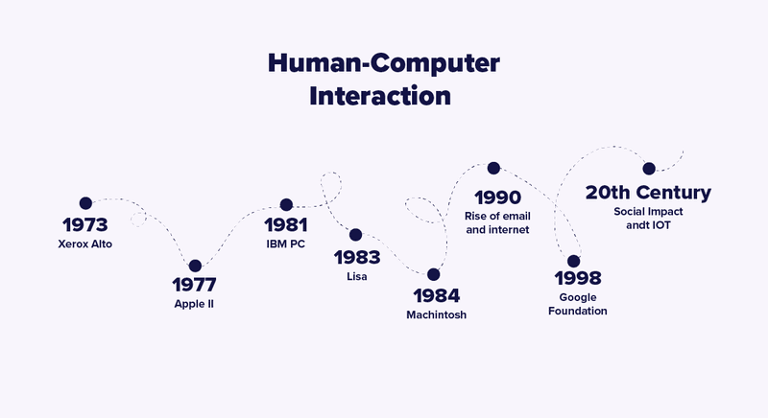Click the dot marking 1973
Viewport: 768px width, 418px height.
pyautogui.click(x=85, y=203)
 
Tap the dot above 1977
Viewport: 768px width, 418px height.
pyautogui.click(x=195, y=266)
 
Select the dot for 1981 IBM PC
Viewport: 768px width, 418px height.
pyautogui.click(x=286, y=204)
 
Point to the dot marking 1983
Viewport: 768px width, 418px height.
pyautogui.click(x=355, y=235)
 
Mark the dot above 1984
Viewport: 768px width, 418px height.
pyautogui.click(x=434, y=274)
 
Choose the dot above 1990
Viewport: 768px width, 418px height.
pyautogui.click(x=493, y=168)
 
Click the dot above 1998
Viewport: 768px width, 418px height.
pyautogui.click(x=573, y=261)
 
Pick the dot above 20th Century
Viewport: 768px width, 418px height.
pyautogui.click(x=648, y=168)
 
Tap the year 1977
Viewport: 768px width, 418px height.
pyautogui.click(x=194, y=286)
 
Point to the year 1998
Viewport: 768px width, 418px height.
pyautogui.click(x=578, y=279)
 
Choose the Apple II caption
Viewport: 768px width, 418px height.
pyautogui.click(x=194, y=305)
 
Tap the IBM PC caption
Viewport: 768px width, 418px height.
pyautogui.click(x=286, y=244)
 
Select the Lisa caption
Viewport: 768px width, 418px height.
pyautogui.click(x=357, y=276)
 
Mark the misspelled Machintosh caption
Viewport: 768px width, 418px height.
pyautogui.click(x=436, y=314)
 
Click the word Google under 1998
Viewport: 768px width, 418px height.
pyautogui.click(x=577, y=298)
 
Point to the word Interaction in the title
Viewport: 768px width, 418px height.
pyautogui.click(x=384, y=96)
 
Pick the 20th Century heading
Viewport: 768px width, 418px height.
pyautogui.click(x=648, y=192)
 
